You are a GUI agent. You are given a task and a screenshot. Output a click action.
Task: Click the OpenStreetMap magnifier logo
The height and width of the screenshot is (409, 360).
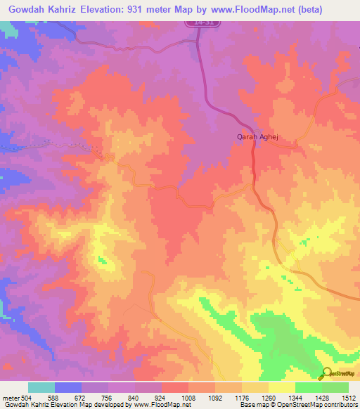[x=326, y=373]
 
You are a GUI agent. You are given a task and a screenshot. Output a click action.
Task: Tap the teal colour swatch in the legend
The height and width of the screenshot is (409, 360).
[x=41, y=387]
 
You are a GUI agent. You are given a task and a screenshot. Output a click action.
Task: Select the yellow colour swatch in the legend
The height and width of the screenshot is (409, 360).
[x=282, y=387]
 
